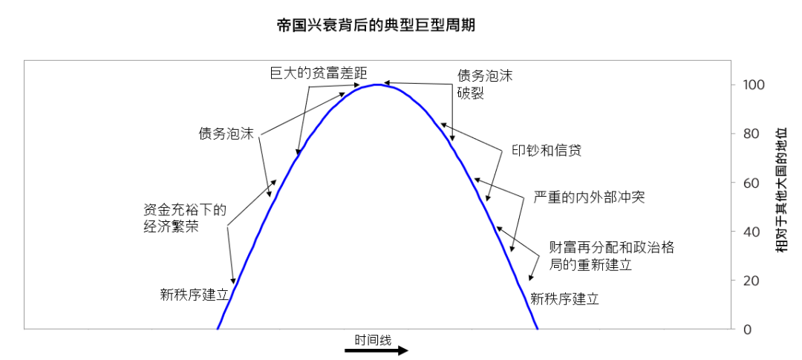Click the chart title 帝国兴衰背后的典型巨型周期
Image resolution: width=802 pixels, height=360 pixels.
pos(375,25)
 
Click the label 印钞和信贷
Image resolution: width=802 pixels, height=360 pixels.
pos(546,150)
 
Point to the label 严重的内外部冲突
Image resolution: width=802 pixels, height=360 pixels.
pos(589,198)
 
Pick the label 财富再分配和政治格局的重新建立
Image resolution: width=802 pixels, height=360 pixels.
pos(610,255)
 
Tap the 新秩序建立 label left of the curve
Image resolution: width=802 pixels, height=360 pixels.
pos(195,295)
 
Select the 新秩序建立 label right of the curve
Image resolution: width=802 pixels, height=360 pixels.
pos(564,300)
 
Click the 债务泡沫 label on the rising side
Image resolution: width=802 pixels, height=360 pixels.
pos(226,134)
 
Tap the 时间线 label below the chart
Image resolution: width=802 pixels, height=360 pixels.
pos(373,340)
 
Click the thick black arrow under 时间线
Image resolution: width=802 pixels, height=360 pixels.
pos(387,350)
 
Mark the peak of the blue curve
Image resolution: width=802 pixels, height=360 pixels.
pos(377,85)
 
